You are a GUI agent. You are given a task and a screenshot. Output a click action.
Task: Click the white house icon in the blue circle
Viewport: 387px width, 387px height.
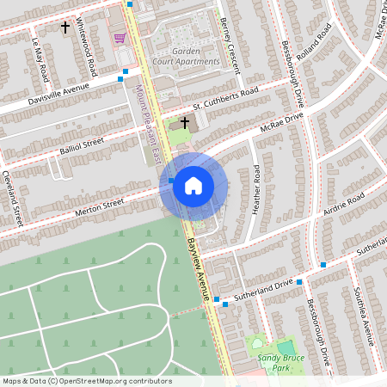193,185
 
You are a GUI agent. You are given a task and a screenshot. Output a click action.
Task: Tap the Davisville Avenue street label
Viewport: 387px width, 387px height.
58,89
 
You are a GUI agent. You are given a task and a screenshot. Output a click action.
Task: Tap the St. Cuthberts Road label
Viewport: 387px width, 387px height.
225,97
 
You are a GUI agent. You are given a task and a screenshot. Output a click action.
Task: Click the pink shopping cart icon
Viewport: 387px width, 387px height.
120,38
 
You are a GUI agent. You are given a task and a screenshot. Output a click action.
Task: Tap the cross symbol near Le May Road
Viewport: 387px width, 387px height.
65,28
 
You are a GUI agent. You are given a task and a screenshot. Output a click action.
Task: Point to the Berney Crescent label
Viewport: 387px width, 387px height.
230,43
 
